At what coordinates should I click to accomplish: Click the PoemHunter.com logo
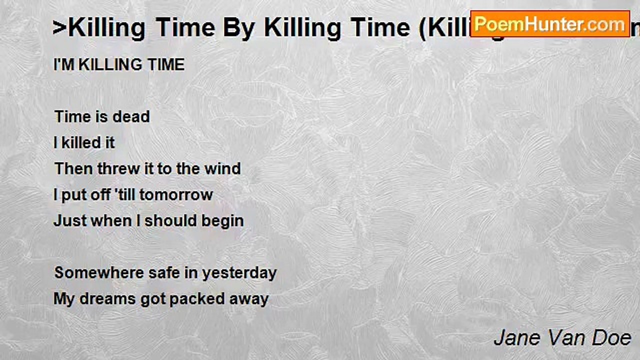(549, 23)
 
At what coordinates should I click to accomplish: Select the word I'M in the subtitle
(64, 64)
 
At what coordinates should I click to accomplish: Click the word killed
(80, 142)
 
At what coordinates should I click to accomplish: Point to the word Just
(70, 220)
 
